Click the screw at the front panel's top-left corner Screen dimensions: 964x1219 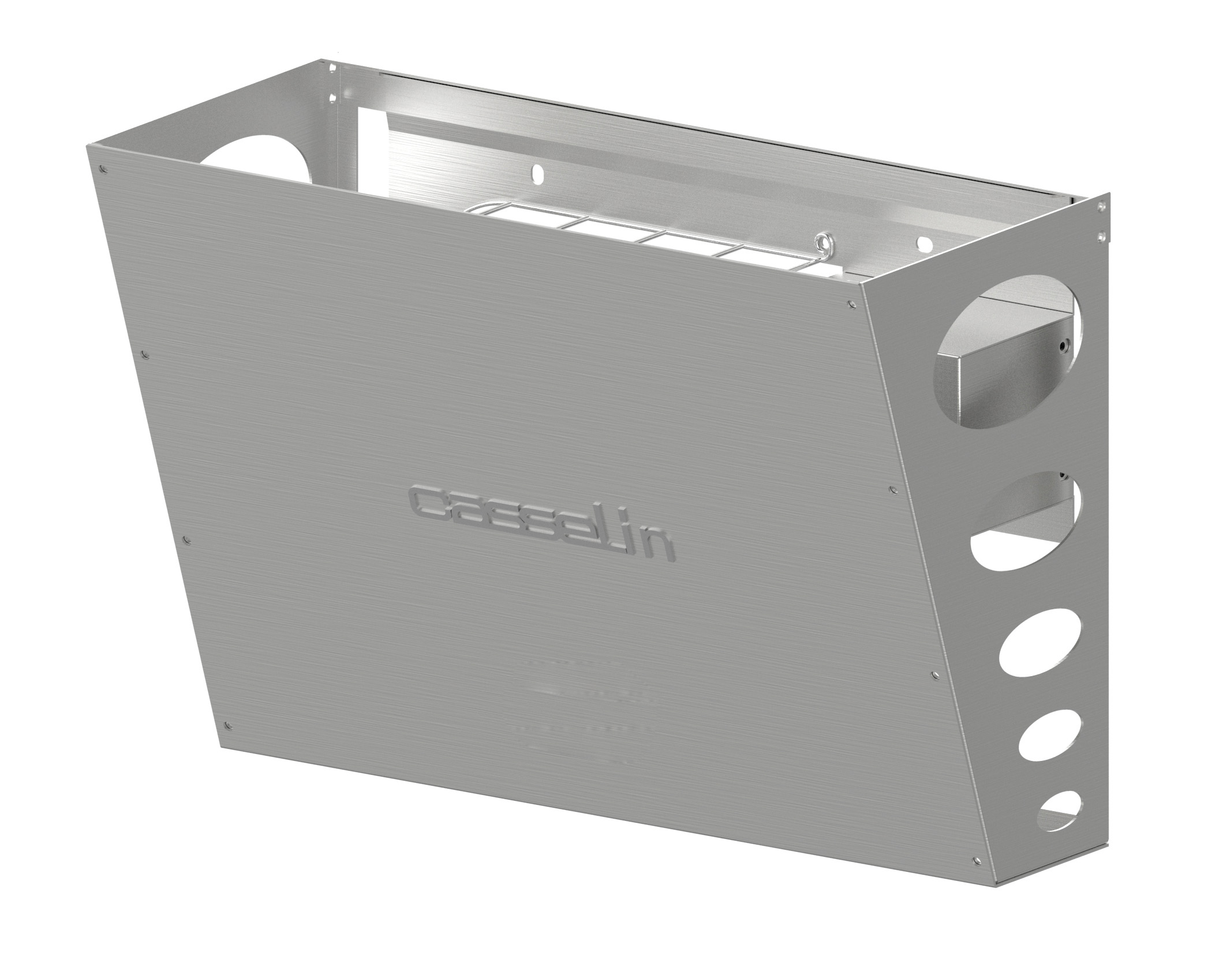102,170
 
